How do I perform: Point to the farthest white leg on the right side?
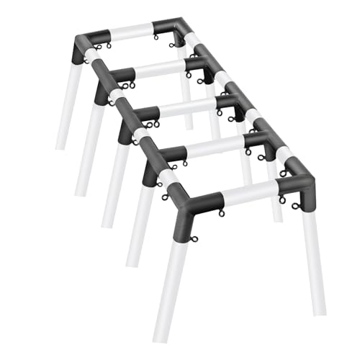pyautogui.click(x=186, y=94)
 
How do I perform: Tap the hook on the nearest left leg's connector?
pyautogui.click(x=166, y=197)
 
